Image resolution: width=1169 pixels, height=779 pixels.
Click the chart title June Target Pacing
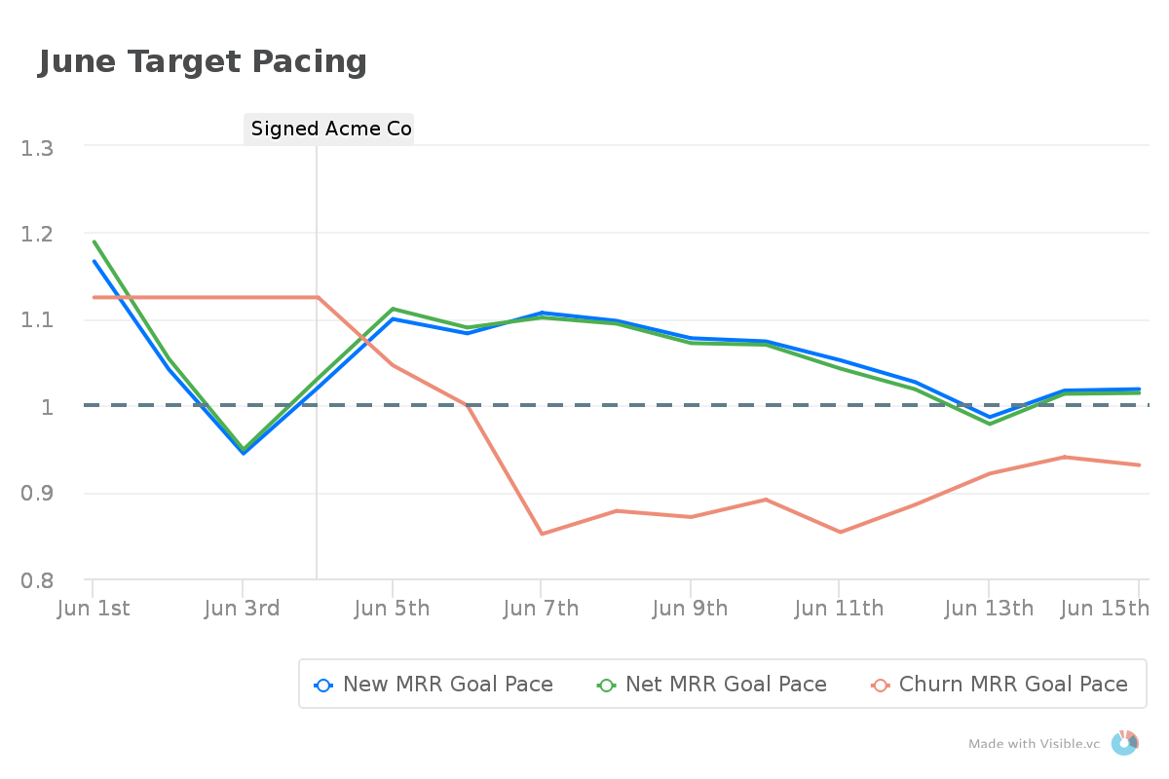point(203,61)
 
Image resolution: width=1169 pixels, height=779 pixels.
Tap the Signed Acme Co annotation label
point(329,129)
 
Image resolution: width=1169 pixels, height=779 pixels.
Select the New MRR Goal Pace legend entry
point(434,685)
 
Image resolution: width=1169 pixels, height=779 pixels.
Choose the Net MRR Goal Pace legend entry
point(712,685)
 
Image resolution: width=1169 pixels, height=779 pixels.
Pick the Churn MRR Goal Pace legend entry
point(999,685)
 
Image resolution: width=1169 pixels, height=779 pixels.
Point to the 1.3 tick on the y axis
point(39,148)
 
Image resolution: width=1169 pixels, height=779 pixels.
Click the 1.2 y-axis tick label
point(39,234)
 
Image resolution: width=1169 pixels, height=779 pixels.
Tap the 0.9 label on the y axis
point(39,494)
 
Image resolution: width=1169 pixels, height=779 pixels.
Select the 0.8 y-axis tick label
point(39,580)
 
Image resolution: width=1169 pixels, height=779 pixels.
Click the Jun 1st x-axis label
point(94,609)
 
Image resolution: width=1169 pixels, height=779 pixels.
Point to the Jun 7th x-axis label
point(541,609)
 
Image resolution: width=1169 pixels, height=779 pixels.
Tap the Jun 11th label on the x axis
point(839,609)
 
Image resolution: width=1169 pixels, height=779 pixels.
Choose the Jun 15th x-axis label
point(1105,609)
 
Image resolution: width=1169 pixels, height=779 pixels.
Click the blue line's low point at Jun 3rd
point(243,453)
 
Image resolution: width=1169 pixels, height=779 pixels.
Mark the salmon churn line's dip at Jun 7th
point(541,534)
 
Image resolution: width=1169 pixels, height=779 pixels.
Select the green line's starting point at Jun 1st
point(94,241)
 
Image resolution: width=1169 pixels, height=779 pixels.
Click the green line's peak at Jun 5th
point(392,309)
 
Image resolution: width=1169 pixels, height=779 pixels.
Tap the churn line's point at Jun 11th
point(840,533)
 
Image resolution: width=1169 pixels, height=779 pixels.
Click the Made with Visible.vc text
point(1034,744)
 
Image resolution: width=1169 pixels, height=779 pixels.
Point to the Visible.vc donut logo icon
point(1124,742)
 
